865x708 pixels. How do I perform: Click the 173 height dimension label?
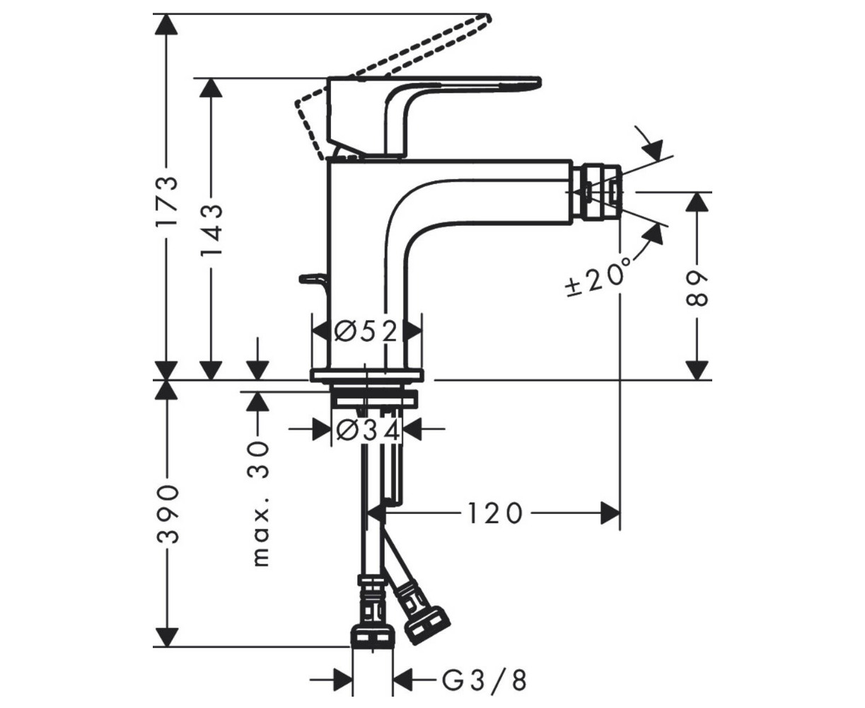click(x=167, y=201)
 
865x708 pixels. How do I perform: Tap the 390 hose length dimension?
click(x=167, y=515)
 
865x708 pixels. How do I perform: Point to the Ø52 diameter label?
click(x=366, y=331)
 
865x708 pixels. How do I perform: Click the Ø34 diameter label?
click(x=368, y=430)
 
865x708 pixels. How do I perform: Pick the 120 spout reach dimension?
click(x=494, y=513)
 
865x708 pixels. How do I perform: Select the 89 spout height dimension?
click(x=697, y=288)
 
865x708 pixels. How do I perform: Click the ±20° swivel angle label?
click(x=598, y=278)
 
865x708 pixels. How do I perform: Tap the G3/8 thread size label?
click(x=484, y=681)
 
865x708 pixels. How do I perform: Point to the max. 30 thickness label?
click(x=260, y=504)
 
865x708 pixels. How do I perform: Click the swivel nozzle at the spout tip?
click(x=597, y=192)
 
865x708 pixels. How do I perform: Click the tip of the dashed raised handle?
click(x=487, y=18)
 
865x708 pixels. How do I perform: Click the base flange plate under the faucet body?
click(x=366, y=375)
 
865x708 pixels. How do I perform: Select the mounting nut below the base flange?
click(x=374, y=398)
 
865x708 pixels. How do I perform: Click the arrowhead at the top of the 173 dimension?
click(x=166, y=24)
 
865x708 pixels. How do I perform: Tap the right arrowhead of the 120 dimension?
click(x=610, y=513)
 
